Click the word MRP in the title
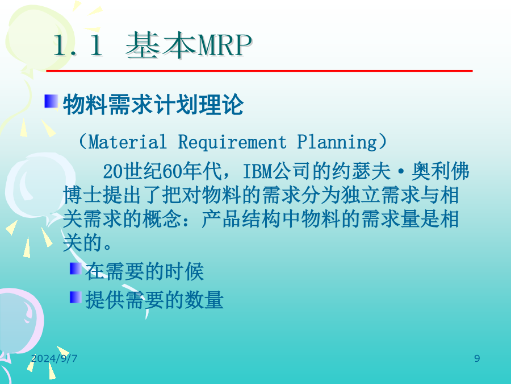pos(225,46)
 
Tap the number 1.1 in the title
pos(78,46)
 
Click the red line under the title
pos(259,71)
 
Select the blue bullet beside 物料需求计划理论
pos(51,101)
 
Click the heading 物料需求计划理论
pos(153,105)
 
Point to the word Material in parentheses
pos(127,142)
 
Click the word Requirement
pos(232,142)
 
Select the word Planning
pos(337,142)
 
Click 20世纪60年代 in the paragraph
pos(162,171)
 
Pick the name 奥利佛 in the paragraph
pos(440,171)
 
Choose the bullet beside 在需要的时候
pos(76,269)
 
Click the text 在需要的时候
pos(145,272)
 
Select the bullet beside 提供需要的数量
pos(76,297)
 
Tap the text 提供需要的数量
pos(154,300)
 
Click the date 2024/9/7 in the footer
pos(54,358)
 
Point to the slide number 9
pos(477,358)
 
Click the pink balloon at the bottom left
pos(19,320)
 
